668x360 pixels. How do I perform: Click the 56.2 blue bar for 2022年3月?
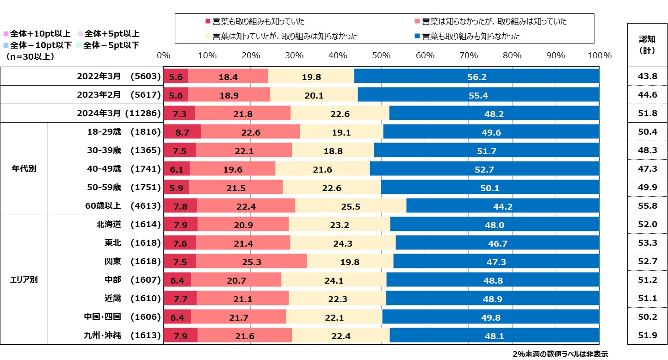pyautogui.click(x=476, y=76)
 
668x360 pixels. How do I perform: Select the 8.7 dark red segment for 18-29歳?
pyautogui.click(x=182, y=132)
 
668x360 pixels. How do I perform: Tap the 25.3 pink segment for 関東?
pyautogui.click(x=251, y=261)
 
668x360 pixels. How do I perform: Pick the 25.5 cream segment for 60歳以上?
pyautogui.click(x=350, y=206)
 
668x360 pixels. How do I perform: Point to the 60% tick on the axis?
pyautogui.click(x=425, y=56)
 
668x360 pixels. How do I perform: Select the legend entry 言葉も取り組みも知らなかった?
pyautogui.click(x=471, y=36)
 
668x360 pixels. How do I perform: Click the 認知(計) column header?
pyautogui.click(x=647, y=44)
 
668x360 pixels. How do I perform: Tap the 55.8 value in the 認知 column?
pyautogui.click(x=647, y=206)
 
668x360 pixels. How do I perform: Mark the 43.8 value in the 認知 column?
pyautogui.click(x=647, y=76)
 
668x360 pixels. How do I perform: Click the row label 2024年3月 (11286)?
pyautogui.click(x=118, y=113)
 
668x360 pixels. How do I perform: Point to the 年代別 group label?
pyautogui.click(x=24, y=168)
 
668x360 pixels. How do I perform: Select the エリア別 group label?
pyautogui.click(x=24, y=279)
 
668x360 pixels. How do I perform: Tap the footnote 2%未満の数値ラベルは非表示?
pyautogui.click(x=560, y=354)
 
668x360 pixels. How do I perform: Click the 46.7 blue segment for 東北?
pyautogui.click(x=497, y=243)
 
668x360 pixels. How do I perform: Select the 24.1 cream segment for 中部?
pyautogui.click(x=334, y=280)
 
